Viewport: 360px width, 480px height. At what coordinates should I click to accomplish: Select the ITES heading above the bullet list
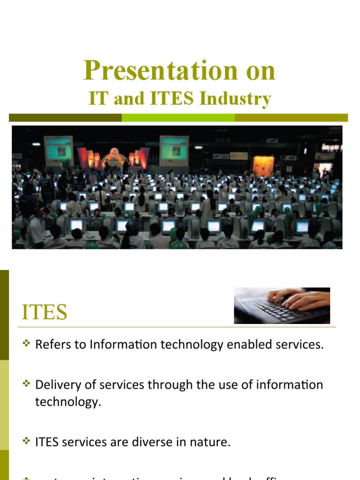click(x=45, y=312)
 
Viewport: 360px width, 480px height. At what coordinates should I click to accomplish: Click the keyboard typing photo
click(x=282, y=306)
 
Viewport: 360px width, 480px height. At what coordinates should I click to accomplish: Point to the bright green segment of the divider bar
click(x=178, y=118)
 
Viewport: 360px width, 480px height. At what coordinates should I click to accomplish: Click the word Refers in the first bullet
click(x=51, y=345)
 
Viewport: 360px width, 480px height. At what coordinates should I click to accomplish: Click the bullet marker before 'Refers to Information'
click(x=26, y=345)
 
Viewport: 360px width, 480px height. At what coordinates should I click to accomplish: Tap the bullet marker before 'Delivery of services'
click(x=26, y=384)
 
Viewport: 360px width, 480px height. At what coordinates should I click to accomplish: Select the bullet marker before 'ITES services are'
click(x=26, y=442)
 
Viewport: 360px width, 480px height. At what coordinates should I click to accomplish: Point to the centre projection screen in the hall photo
click(x=174, y=150)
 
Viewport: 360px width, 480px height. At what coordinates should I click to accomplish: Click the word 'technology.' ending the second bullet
click(x=68, y=402)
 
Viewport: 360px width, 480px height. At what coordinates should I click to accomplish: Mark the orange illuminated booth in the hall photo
click(x=263, y=165)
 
